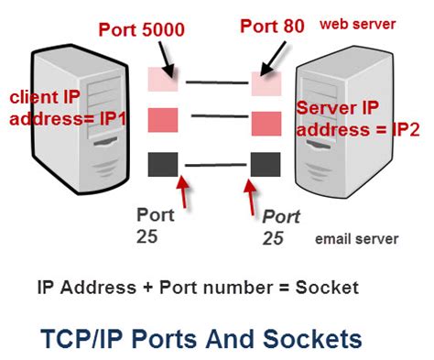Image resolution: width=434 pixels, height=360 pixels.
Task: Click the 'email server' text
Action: click(x=356, y=239)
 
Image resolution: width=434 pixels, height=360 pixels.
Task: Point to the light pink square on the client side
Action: click(x=162, y=81)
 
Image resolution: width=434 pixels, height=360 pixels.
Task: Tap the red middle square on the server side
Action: click(x=266, y=123)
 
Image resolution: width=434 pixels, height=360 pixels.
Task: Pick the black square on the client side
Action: click(x=162, y=164)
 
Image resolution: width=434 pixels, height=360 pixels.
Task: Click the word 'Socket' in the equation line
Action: click(x=327, y=288)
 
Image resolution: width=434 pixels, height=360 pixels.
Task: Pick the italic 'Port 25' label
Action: click(x=280, y=228)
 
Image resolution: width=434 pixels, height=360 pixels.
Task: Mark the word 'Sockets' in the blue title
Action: click(x=312, y=339)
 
